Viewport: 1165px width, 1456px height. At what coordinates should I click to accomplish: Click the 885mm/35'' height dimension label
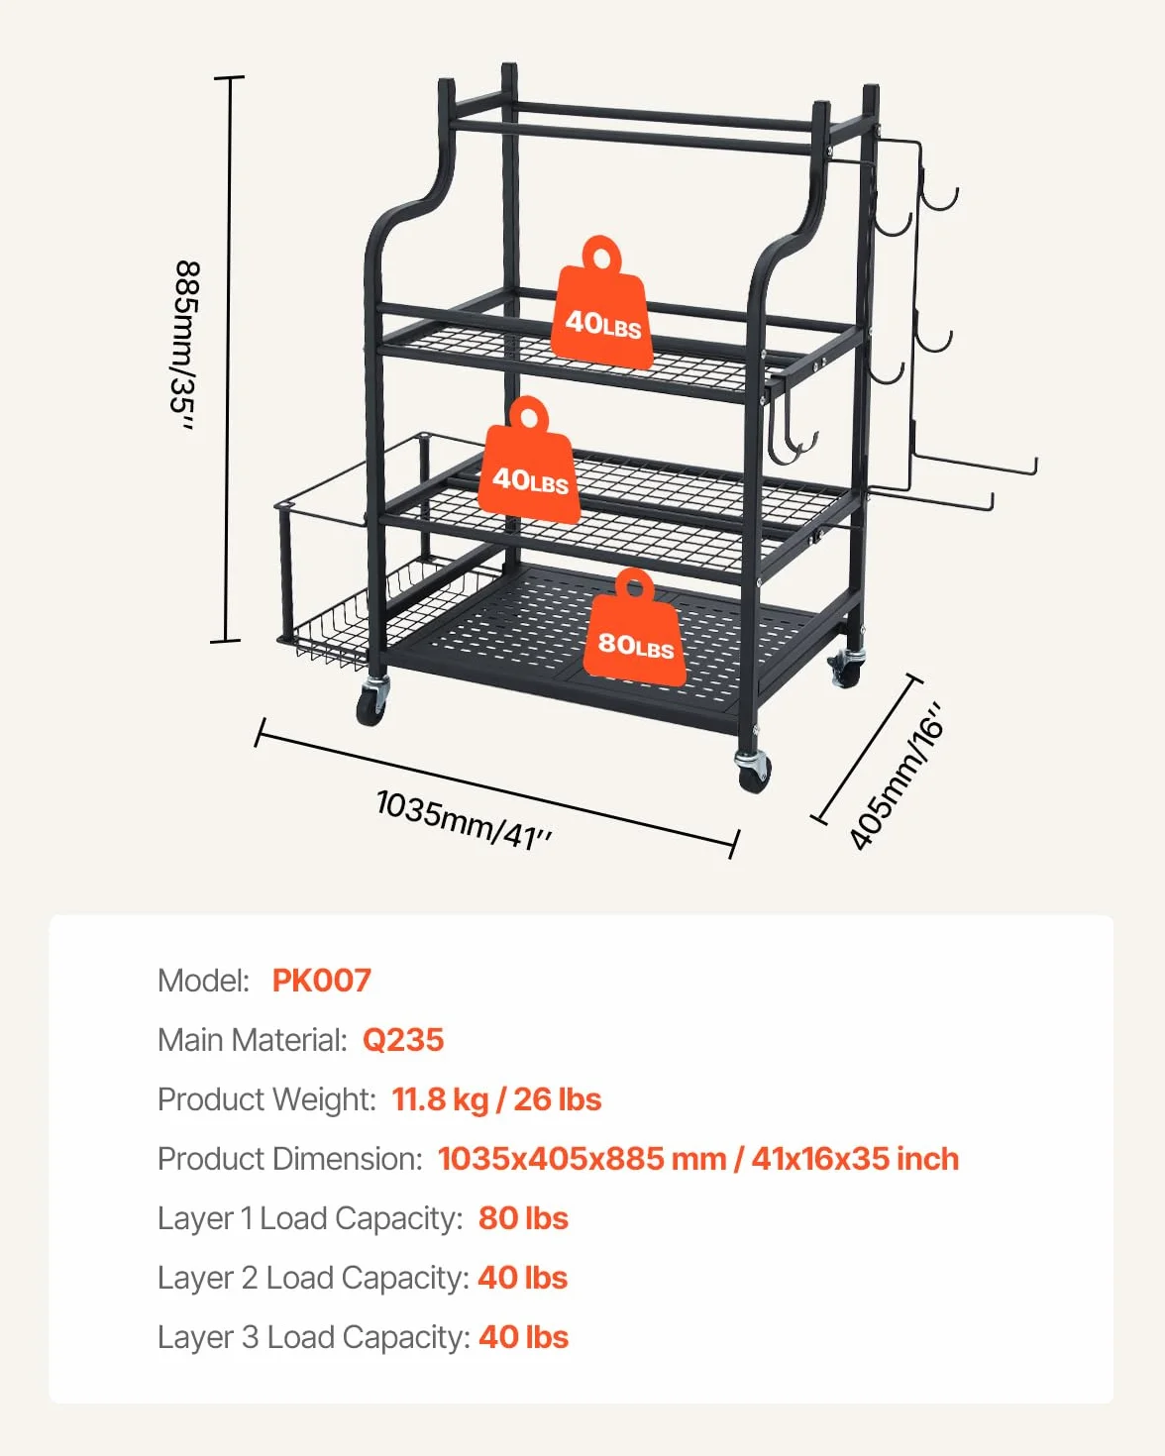pyautogui.click(x=185, y=346)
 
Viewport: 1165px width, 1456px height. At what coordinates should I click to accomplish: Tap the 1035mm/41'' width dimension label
pyautogui.click(x=465, y=819)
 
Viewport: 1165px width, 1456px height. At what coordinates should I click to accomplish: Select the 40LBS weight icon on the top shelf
pyautogui.click(x=601, y=303)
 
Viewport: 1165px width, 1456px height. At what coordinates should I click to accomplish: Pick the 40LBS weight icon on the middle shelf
pyautogui.click(x=529, y=460)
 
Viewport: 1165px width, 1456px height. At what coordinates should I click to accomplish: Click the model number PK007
pyautogui.click(x=322, y=981)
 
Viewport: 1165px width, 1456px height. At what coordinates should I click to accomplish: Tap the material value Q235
pyautogui.click(x=403, y=1040)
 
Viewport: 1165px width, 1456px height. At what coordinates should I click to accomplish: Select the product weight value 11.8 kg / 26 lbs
pyautogui.click(x=496, y=1099)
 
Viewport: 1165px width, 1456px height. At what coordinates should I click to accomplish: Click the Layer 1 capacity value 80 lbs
pyautogui.click(x=523, y=1218)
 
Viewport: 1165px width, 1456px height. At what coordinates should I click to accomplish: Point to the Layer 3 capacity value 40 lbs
pyautogui.click(x=523, y=1337)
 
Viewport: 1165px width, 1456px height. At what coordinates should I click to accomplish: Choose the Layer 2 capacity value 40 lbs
pyautogui.click(x=523, y=1278)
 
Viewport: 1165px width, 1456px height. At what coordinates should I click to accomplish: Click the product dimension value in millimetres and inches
pyautogui.click(x=698, y=1159)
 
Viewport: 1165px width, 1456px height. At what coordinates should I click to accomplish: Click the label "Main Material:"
pyautogui.click(x=253, y=1040)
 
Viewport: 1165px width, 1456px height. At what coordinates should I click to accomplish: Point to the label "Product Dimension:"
pyautogui.click(x=290, y=1159)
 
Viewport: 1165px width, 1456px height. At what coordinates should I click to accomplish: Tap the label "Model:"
pyautogui.click(x=204, y=981)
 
